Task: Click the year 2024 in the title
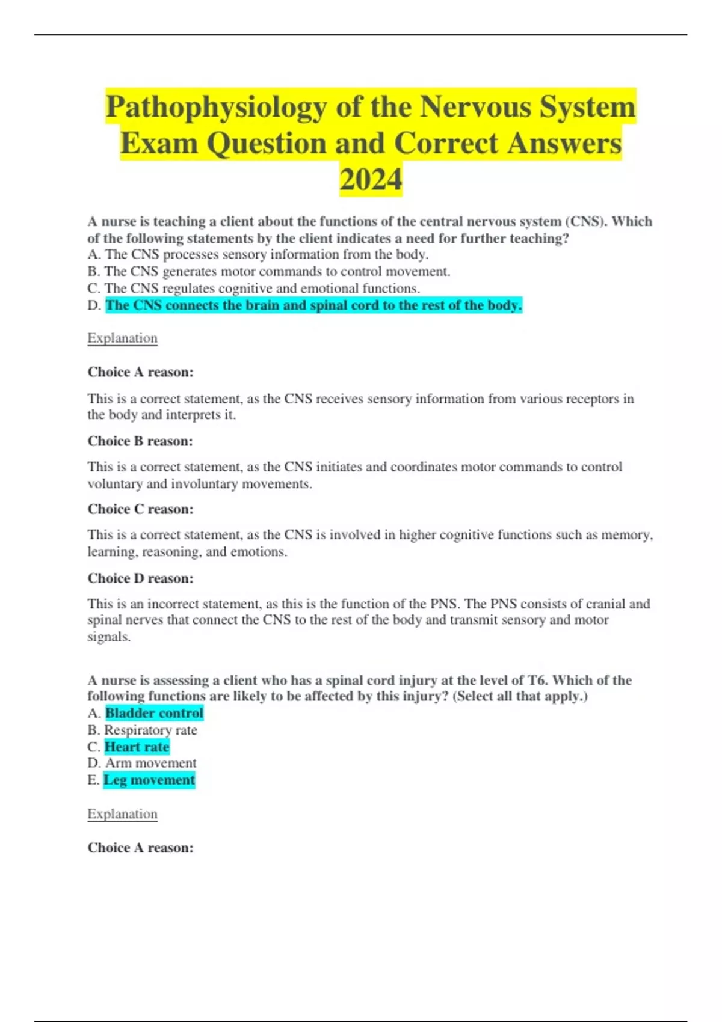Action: (x=371, y=180)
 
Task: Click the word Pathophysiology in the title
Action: (x=217, y=108)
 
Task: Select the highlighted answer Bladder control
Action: (x=154, y=713)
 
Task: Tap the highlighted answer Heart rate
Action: (x=137, y=747)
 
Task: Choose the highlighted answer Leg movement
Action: (x=149, y=780)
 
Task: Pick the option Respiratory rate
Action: (x=150, y=730)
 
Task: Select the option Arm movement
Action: (x=150, y=763)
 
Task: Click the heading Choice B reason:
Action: (x=140, y=441)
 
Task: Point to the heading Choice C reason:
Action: (x=140, y=509)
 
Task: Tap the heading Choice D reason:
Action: (x=140, y=578)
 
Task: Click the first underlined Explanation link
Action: (x=122, y=338)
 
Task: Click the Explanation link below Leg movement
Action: (x=122, y=813)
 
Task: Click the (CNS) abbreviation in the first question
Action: (x=586, y=221)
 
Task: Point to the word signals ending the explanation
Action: (x=108, y=637)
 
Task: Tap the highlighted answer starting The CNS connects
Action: (x=313, y=305)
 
